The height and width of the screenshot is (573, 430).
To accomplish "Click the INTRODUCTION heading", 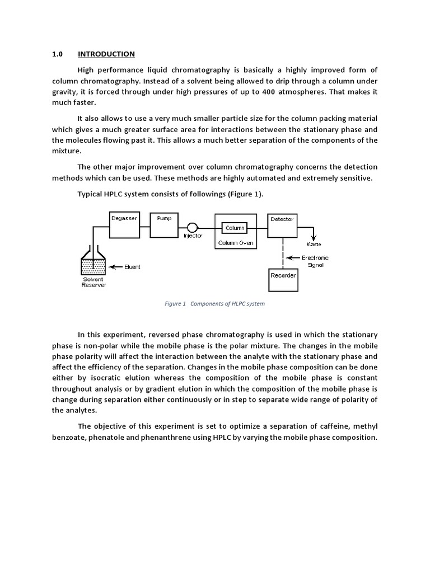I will click(106, 54).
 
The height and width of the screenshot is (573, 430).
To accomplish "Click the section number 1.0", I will click(57, 54).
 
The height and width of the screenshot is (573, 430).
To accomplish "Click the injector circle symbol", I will click(193, 227).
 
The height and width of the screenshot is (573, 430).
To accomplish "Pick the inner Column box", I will click(235, 228).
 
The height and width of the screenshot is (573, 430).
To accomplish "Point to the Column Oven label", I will click(236, 243).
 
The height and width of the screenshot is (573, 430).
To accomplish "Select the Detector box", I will click(282, 226).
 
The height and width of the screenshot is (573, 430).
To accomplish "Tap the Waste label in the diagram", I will click(314, 245).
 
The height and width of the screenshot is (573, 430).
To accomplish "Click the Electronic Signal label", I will click(315, 261).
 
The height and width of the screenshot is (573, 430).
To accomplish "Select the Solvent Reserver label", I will click(94, 282).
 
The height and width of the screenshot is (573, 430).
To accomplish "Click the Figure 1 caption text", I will click(214, 304).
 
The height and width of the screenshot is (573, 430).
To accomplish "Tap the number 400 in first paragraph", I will click(268, 92).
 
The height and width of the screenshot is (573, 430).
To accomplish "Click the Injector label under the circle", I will click(193, 236).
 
